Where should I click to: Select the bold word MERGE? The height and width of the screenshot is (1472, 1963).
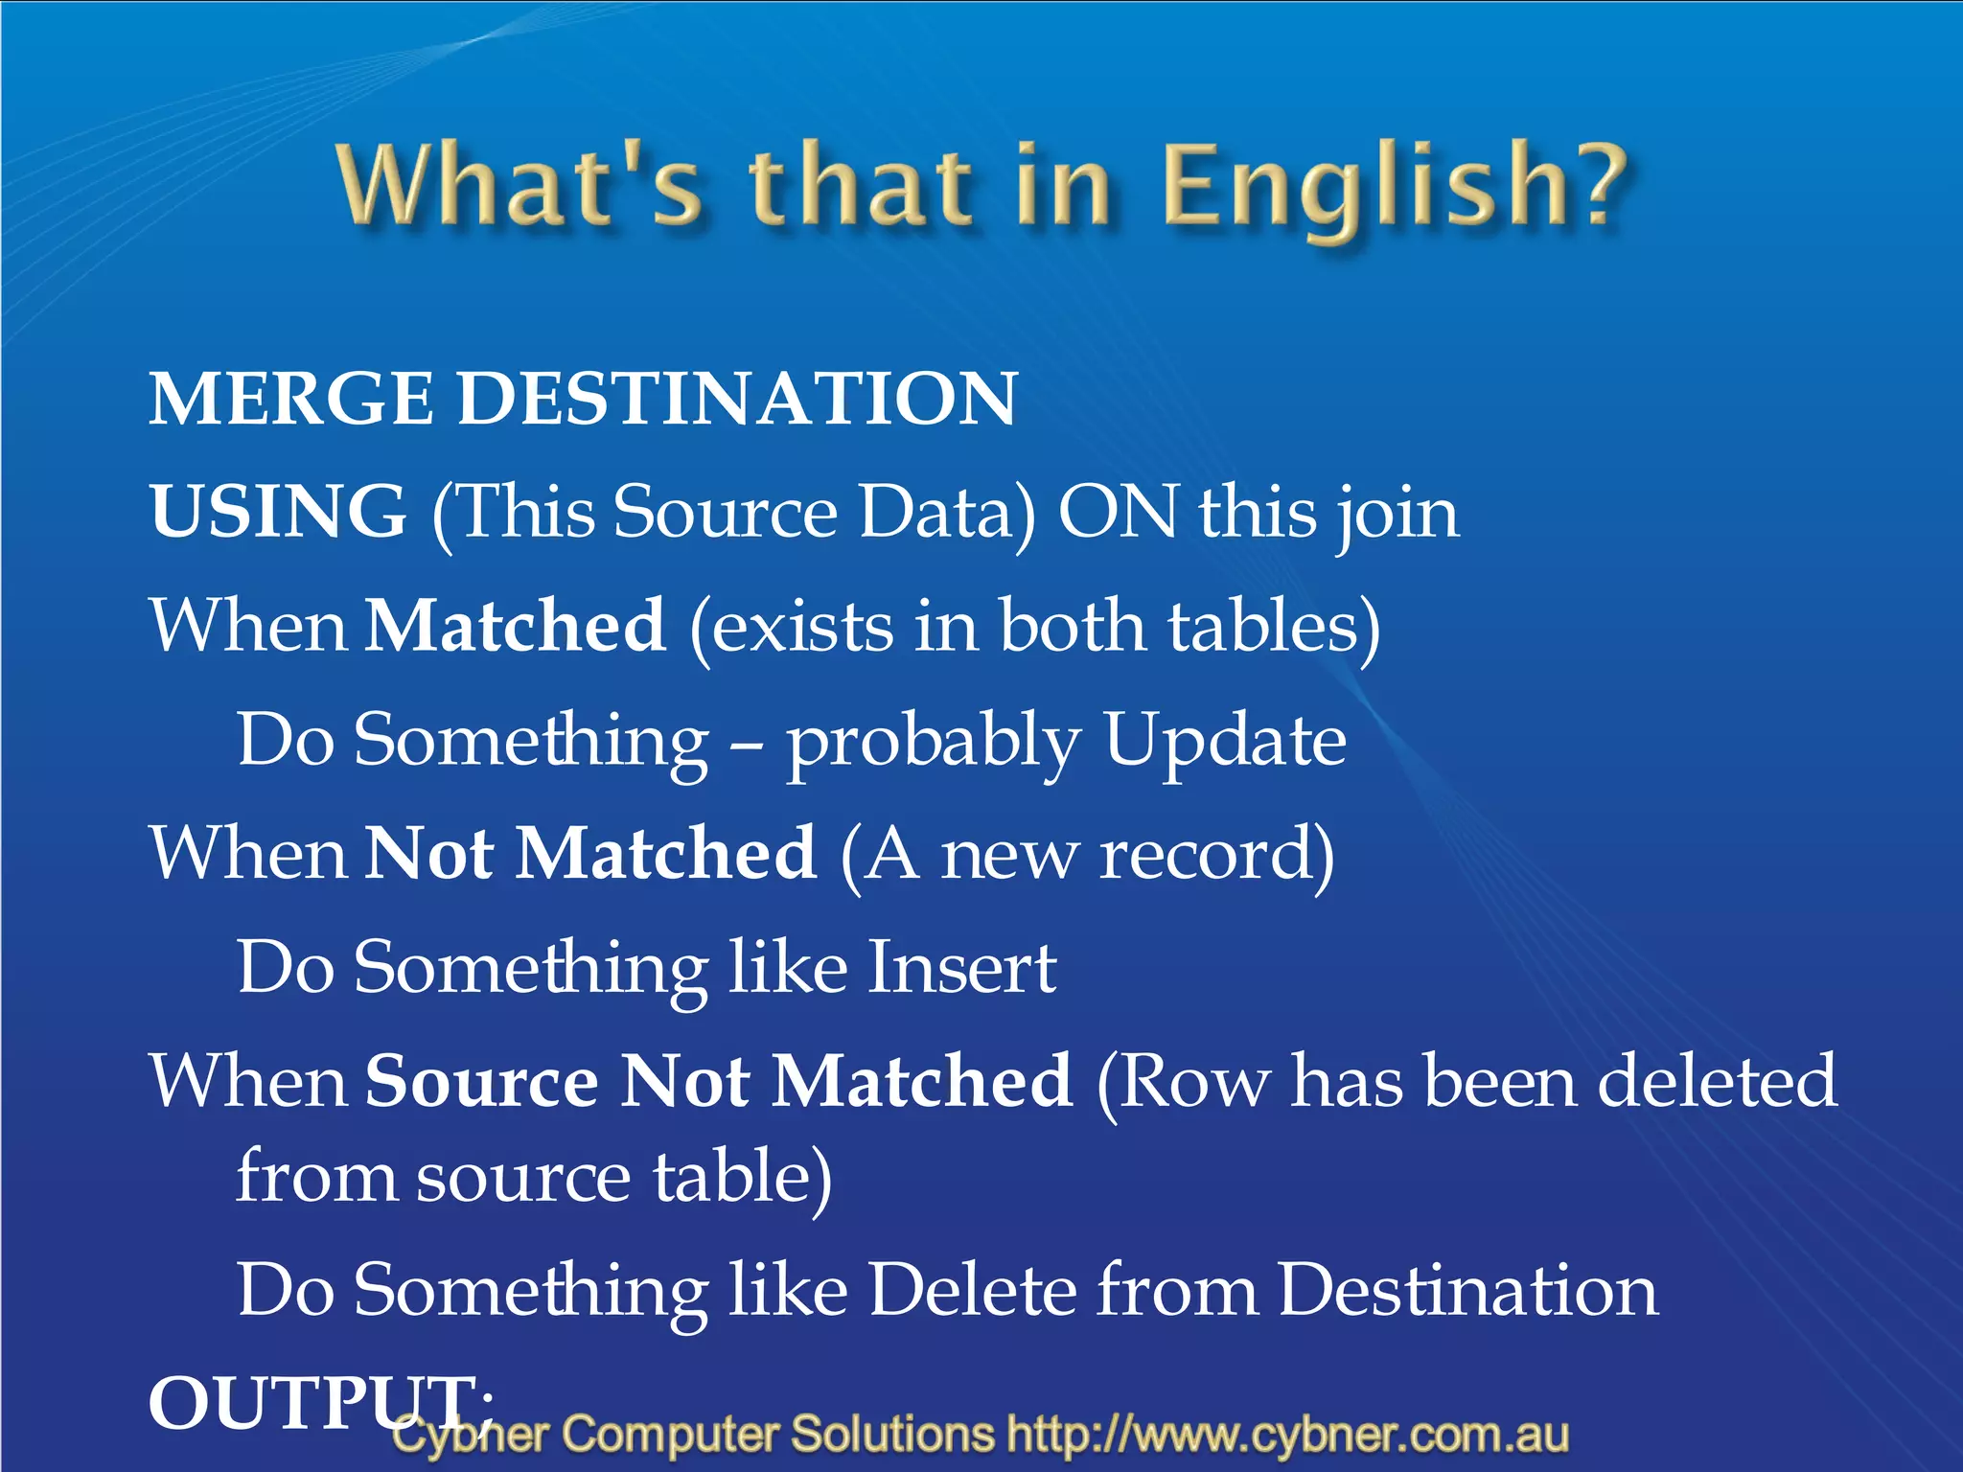(290, 399)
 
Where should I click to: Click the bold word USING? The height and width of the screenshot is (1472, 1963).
(278, 512)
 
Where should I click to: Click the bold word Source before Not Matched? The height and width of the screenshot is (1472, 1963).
(482, 1081)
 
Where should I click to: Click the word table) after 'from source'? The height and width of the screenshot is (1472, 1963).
(743, 1177)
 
